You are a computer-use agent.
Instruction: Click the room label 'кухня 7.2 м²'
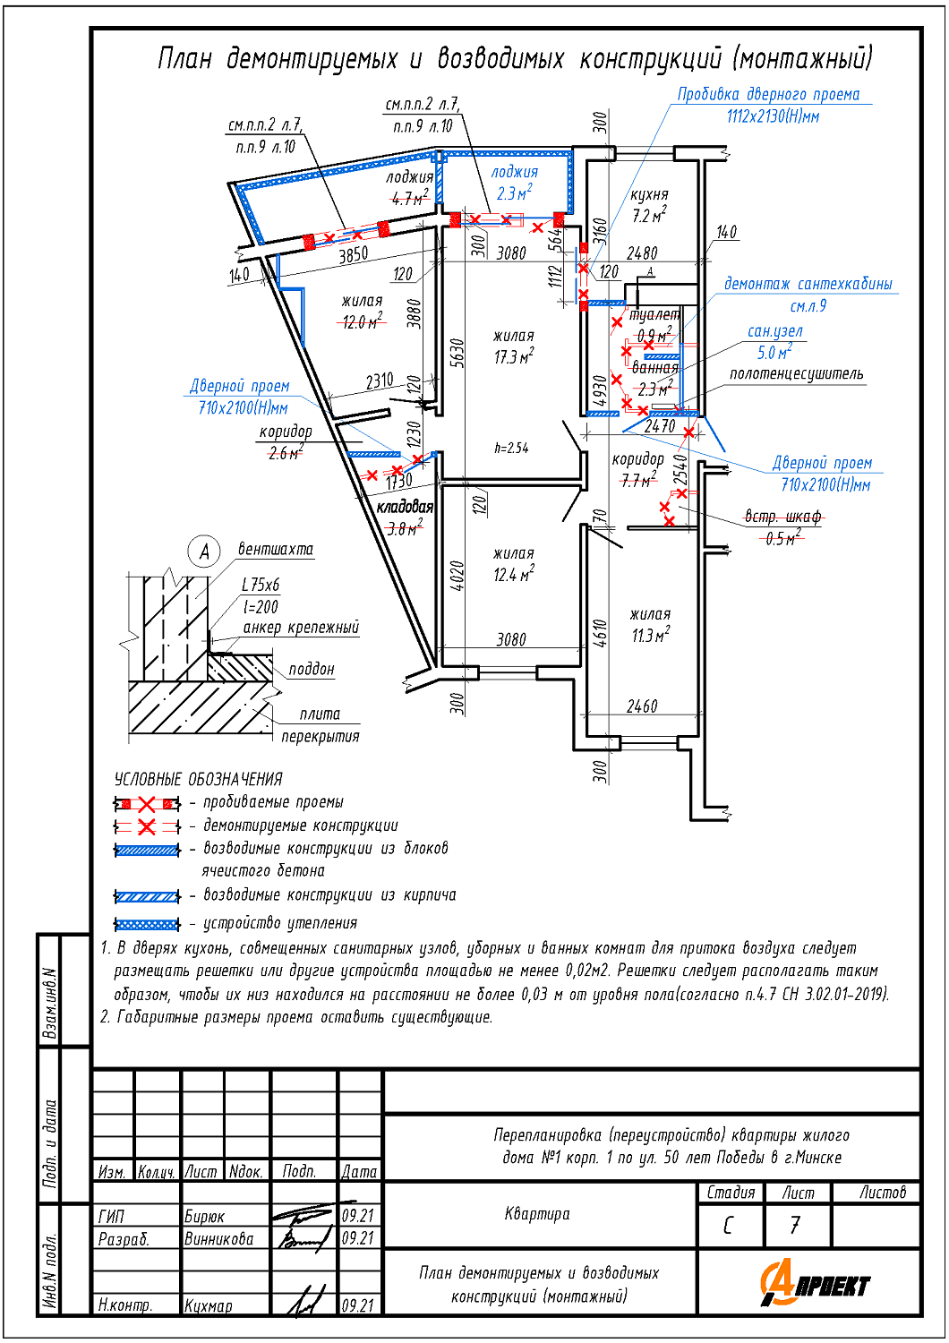(x=649, y=205)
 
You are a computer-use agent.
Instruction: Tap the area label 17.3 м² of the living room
(x=514, y=357)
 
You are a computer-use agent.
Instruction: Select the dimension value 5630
(x=457, y=353)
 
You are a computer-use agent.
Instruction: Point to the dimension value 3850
(x=353, y=254)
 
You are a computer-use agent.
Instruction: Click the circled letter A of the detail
(x=204, y=552)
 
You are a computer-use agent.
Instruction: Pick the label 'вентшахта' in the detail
(x=276, y=549)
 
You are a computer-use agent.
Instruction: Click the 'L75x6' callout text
(x=261, y=585)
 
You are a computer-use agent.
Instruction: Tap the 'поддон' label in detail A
(x=312, y=669)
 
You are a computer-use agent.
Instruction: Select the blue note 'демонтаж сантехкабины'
(x=808, y=284)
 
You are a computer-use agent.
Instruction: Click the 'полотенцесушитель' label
(x=796, y=373)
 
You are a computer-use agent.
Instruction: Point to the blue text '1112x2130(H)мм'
(x=773, y=116)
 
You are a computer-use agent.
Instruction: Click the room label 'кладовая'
(x=405, y=507)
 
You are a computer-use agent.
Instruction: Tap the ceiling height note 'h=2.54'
(x=511, y=448)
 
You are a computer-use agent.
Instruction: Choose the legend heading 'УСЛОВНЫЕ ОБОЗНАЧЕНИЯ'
(x=198, y=779)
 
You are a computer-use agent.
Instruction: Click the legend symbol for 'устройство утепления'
(x=148, y=924)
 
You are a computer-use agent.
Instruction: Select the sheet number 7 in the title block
(x=795, y=1225)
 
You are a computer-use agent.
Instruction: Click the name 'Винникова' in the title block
(x=218, y=1239)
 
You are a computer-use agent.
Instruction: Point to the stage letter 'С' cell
(x=728, y=1225)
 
